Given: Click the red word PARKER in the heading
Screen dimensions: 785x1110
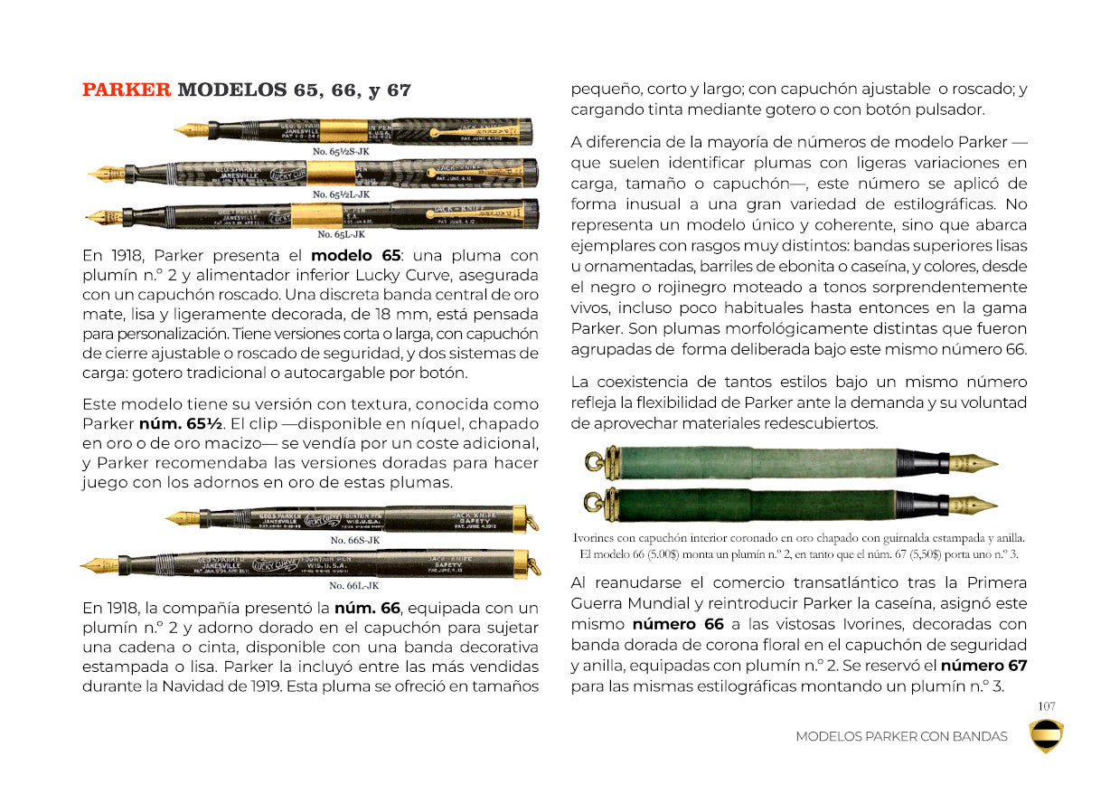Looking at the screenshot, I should [126, 90].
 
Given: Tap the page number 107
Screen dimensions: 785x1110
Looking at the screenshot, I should [1047, 706].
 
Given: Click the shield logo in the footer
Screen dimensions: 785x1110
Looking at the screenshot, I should [1047, 735].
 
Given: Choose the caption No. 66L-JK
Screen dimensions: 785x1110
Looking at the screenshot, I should [353, 585].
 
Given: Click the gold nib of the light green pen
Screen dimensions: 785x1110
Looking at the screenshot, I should [973, 463].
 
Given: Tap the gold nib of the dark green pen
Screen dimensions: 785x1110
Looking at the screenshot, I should [973, 505].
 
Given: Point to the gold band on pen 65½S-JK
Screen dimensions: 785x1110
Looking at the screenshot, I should [343, 130].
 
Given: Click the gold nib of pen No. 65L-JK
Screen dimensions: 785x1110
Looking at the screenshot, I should [104, 217].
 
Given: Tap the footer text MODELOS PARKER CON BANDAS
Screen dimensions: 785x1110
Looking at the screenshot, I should [901, 736].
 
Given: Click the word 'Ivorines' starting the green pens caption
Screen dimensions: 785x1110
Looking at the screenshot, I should [596, 538].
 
